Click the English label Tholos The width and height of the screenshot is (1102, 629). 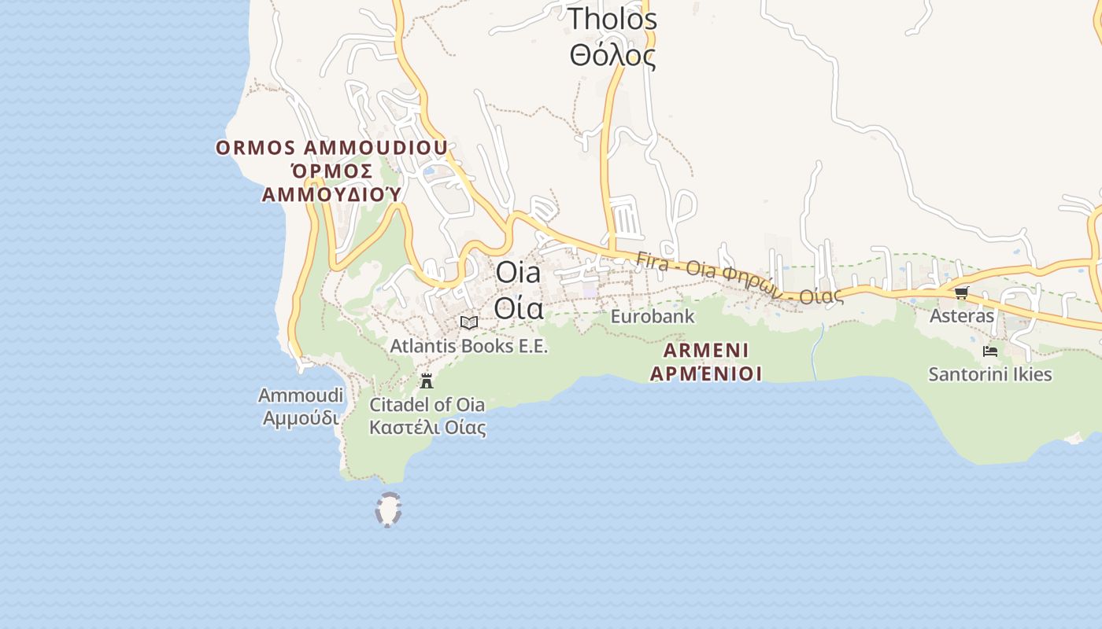(x=612, y=18)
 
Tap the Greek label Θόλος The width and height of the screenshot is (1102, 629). (x=612, y=55)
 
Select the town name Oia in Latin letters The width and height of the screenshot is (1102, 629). (x=518, y=272)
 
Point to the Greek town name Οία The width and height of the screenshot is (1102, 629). (x=519, y=308)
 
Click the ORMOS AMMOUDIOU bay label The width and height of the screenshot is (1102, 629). (x=331, y=148)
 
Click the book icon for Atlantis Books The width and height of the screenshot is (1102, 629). (x=469, y=322)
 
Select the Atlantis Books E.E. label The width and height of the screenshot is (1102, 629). (x=469, y=346)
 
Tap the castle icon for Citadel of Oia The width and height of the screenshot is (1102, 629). (x=427, y=381)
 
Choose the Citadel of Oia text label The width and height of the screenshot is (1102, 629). (x=427, y=405)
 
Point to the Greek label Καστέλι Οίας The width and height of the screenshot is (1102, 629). (x=427, y=428)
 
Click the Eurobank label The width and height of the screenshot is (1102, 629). (x=653, y=316)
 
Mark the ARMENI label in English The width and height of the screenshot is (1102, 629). (x=706, y=350)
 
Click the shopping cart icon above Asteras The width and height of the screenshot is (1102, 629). (x=961, y=293)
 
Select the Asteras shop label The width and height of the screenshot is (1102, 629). (x=962, y=316)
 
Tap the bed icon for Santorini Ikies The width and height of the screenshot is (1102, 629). (x=990, y=351)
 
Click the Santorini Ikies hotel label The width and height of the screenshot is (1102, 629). (x=990, y=374)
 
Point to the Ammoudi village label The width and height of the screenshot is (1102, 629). (x=301, y=395)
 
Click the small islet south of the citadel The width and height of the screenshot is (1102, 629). (x=388, y=509)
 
